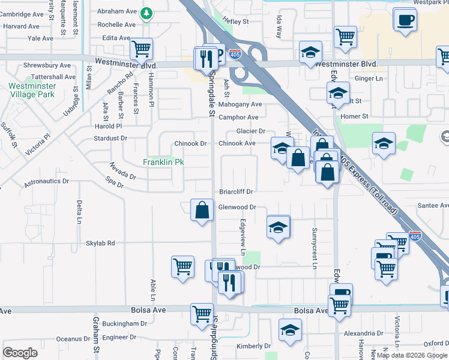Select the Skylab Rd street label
click(100, 243)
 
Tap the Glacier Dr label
click(250, 131)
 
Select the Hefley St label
click(235, 22)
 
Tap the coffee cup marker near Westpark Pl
click(405, 20)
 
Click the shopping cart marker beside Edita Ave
click(142, 48)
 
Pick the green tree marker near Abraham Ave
click(146, 13)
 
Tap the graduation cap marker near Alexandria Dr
click(291, 330)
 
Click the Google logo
click(20, 353)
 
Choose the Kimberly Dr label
click(254, 346)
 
